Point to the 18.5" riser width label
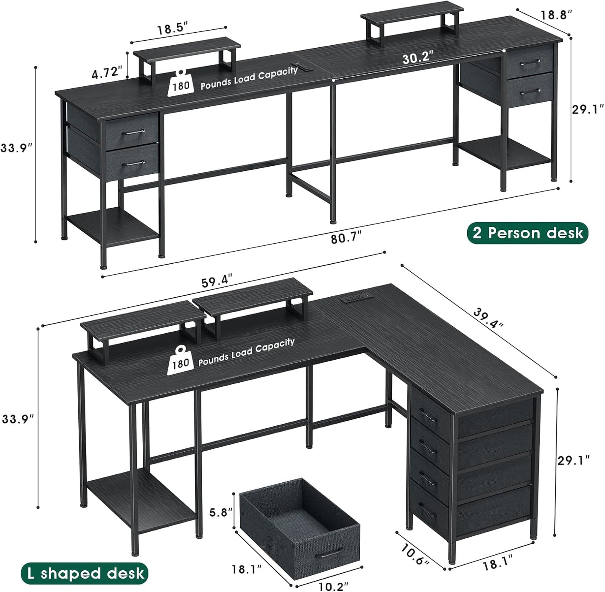click(173, 30)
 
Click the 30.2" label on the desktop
click(418, 58)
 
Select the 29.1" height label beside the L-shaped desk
click(574, 460)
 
